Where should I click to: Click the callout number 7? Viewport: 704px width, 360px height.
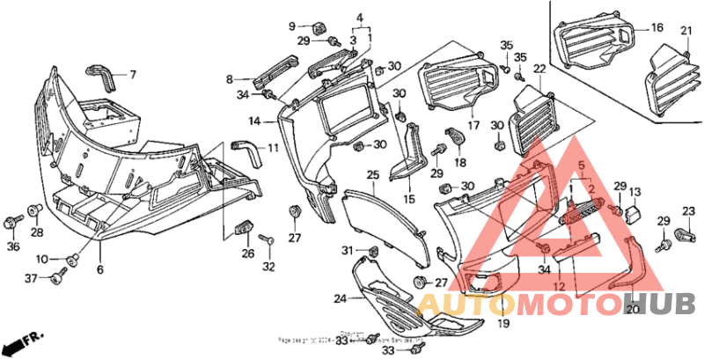click(x=134, y=74)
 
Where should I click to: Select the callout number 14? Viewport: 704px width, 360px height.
click(x=253, y=120)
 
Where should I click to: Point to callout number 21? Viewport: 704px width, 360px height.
click(x=686, y=32)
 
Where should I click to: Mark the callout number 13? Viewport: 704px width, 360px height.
click(x=635, y=192)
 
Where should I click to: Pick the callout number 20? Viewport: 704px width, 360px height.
click(x=632, y=309)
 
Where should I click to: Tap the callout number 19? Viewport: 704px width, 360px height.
click(x=502, y=324)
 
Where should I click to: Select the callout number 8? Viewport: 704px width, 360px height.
click(x=229, y=79)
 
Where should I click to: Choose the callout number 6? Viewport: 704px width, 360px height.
click(x=99, y=269)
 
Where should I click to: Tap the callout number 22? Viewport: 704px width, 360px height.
click(x=539, y=68)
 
